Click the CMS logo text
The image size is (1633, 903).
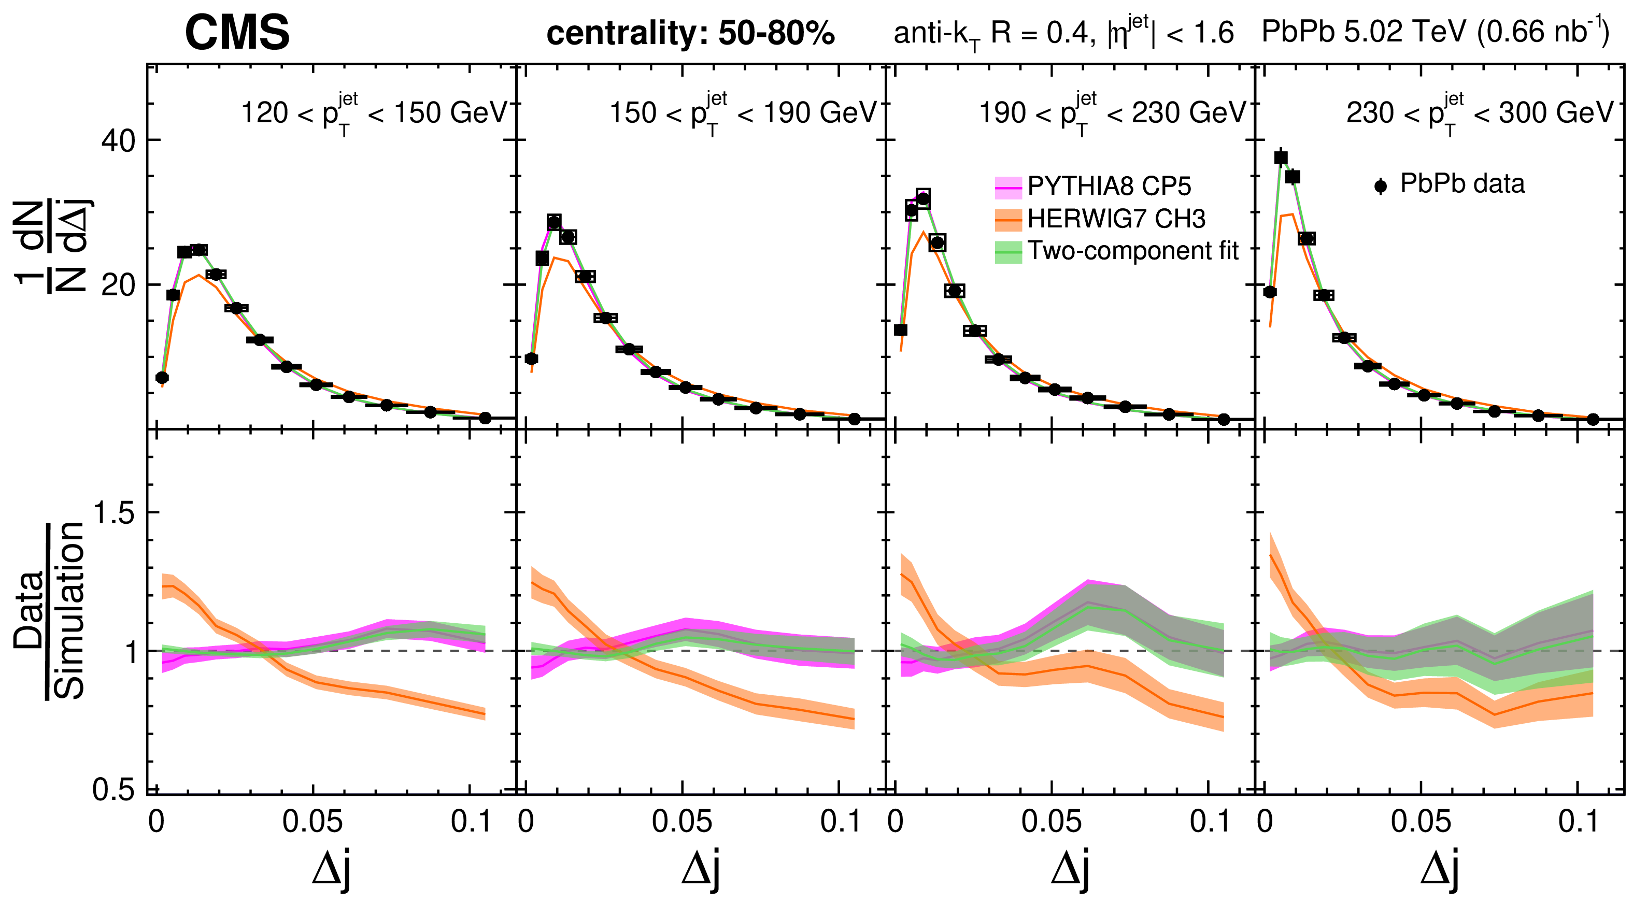tap(237, 33)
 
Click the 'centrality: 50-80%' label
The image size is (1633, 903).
tap(690, 34)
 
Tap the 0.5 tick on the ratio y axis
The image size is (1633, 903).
tap(115, 790)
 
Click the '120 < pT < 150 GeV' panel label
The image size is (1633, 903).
tap(374, 114)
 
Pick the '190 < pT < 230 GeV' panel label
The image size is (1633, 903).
tap(1112, 114)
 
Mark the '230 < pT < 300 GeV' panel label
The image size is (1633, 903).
tap(1480, 114)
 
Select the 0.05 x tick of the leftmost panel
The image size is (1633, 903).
tap(313, 822)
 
